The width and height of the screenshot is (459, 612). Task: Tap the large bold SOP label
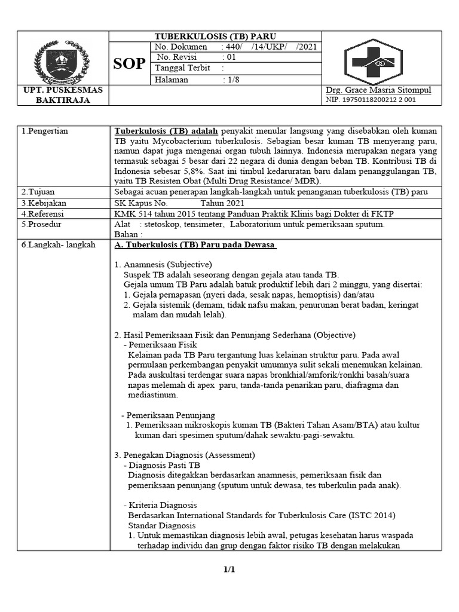click(x=129, y=63)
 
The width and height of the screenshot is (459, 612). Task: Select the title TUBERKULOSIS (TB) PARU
click(x=216, y=36)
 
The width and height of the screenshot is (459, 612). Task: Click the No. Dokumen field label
click(x=180, y=47)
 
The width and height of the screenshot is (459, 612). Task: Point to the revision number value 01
click(x=229, y=57)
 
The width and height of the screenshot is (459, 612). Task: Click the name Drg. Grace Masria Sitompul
click(x=378, y=90)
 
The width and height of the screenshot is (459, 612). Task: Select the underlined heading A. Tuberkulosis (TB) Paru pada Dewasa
click(x=195, y=245)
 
